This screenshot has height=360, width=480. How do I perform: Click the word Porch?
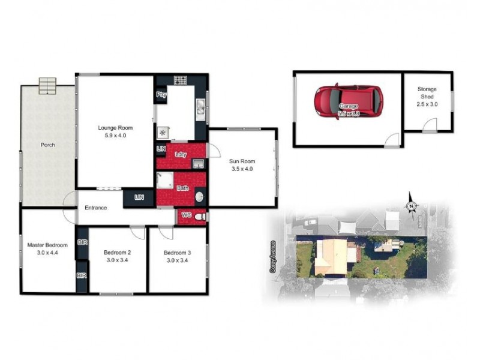point(48,145)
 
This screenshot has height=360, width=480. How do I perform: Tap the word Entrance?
point(95,208)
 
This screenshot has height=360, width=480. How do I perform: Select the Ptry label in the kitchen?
point(161,95)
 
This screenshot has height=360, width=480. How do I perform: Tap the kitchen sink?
point(202,108)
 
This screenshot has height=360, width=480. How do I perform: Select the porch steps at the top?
point(47,86)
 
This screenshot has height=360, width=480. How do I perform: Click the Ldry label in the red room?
point(181,154)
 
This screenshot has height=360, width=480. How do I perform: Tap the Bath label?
point(182,189)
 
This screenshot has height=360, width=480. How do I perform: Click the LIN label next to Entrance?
point(139,197)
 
